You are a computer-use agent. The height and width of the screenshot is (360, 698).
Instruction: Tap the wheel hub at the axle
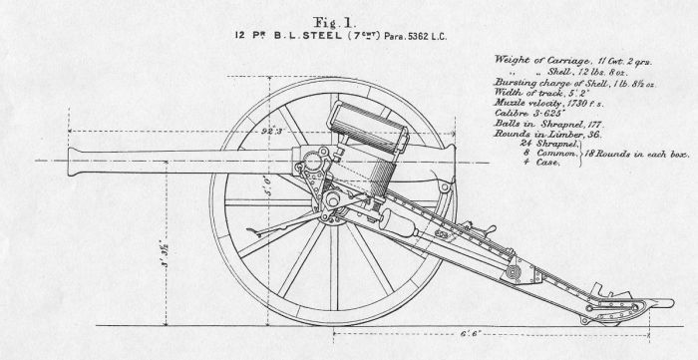coord(321,162)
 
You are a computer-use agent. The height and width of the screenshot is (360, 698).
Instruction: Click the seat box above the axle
coord(369,125)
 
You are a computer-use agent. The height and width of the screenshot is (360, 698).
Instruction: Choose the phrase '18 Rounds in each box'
coord(637,156)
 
